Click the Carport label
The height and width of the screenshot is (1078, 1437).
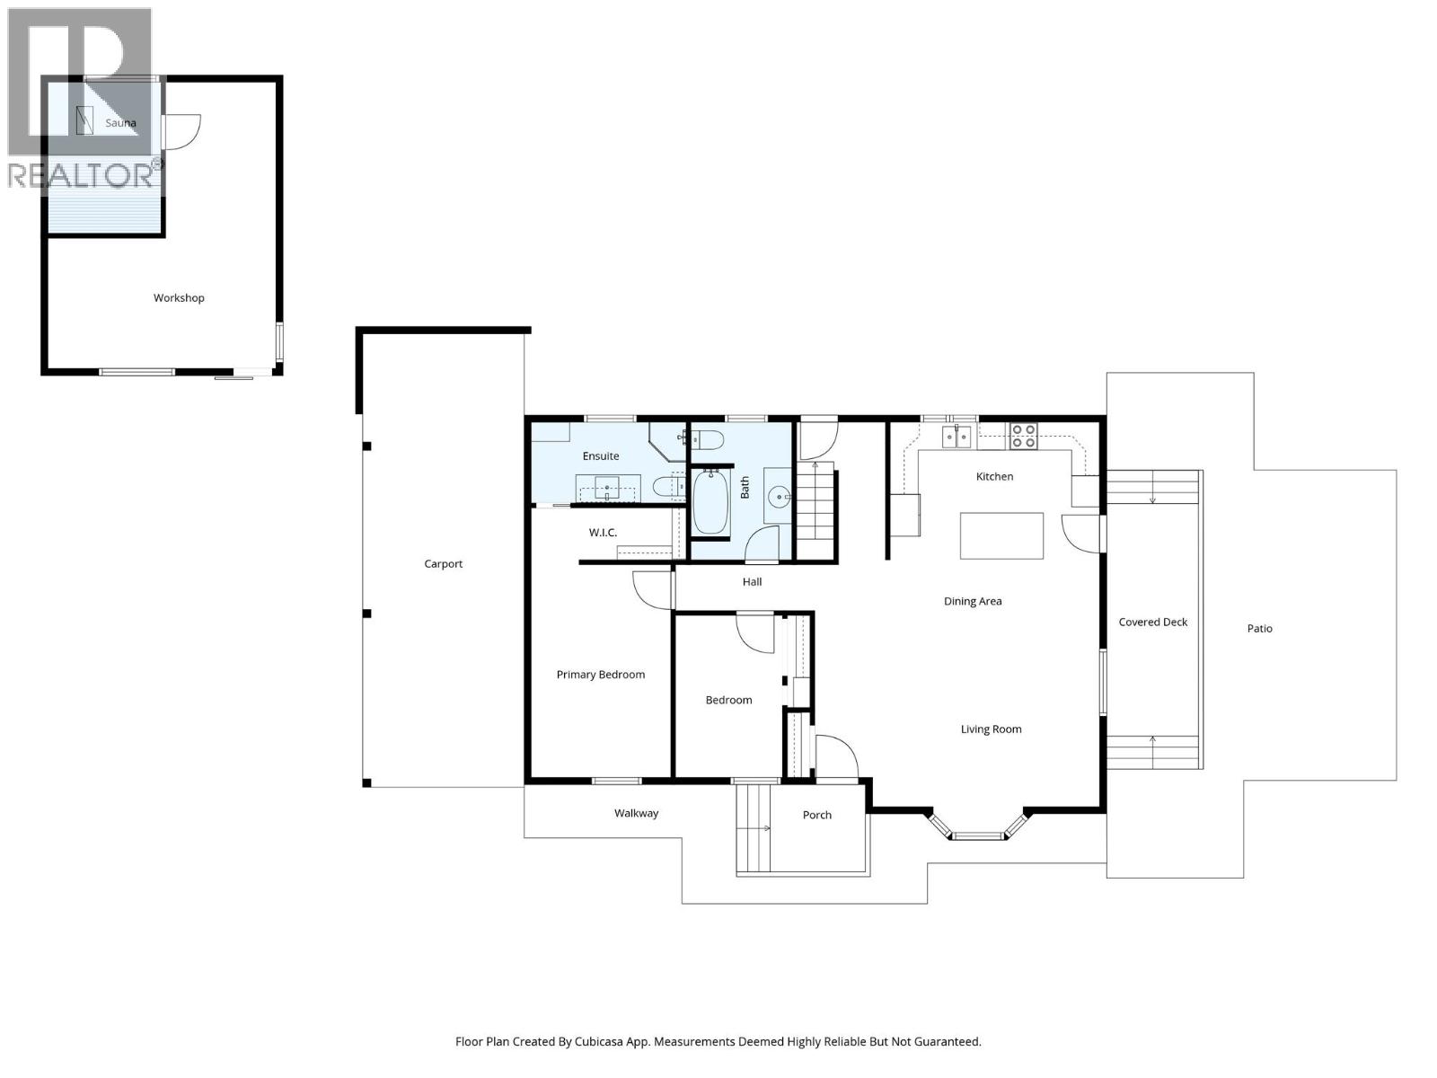(x=443, y=564)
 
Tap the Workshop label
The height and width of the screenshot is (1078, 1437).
(x=179, y=298)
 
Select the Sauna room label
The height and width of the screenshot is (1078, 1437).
(x=120, y=123)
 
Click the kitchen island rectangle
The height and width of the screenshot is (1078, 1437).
(x=1001, y=535)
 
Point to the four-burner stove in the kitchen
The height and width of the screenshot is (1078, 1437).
(x=1023, y=436)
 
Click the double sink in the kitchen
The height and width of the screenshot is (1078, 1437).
(x=957, y=437)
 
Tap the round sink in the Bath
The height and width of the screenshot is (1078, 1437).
(x=780, y=495)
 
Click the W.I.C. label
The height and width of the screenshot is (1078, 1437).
(x=603, y=533)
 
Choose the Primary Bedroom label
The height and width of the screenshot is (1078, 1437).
(x=600, y=675)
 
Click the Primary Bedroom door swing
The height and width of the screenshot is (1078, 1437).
(x=650, y=589)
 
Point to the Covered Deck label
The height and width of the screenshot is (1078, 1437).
(x=1152, y=622)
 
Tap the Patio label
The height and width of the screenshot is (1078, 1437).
(x=1259, y=629)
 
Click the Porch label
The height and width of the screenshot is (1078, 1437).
(x=816, y=815)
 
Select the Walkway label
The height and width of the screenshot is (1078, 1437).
(x=636, y=813)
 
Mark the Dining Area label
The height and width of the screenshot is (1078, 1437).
(x=972, y=601)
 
